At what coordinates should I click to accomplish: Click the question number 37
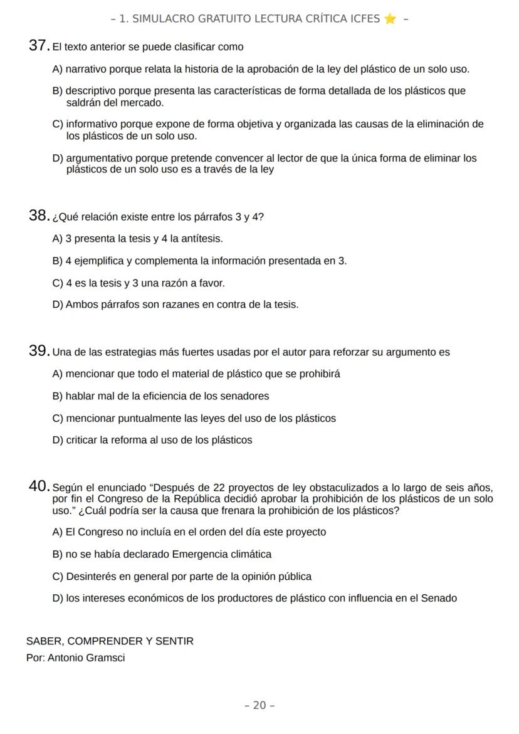[39, 46]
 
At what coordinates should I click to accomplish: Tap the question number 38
[39, 216]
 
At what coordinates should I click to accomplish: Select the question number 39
[39, 351]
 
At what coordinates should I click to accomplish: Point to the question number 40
[39, 486]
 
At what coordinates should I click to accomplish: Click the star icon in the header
[390, 19]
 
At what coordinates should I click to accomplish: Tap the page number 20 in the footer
[259, 705]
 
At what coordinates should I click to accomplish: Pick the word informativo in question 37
[92, 124]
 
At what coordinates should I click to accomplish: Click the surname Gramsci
[105, 658]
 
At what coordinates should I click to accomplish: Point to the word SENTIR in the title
[177, 641]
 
